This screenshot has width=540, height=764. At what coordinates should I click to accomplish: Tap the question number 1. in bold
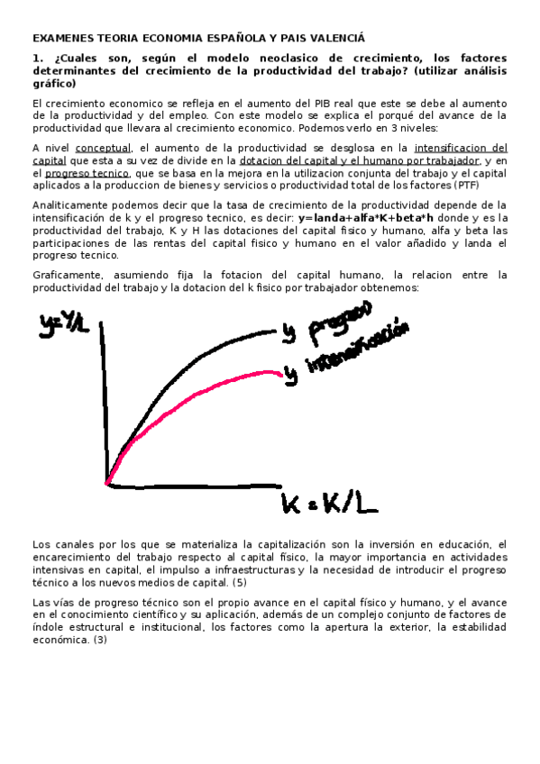tap(37, 59)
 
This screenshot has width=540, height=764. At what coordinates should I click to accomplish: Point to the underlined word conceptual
tap(103, 147)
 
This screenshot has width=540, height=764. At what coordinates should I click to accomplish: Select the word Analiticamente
tap(70, 205)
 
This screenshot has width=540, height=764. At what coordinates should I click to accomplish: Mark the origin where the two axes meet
tap(107, 484)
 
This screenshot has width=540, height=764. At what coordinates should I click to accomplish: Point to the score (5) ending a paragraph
tap(240, 582)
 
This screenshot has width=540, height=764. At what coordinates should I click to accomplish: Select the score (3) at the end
tap(100, 640)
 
